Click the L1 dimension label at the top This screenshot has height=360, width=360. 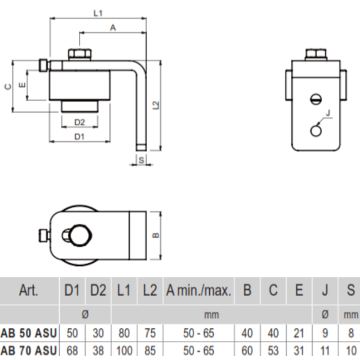pyautogui.click(x=98, y=13)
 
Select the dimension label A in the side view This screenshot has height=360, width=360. pyautogui.click(x=113, y=28)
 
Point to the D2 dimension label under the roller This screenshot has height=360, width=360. pyautogui.click(x=80, y=122)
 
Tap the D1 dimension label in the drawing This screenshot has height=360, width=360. pyautogui.click(x=80, y=137)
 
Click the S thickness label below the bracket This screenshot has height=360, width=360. pyautogui.click(x=141, y=160)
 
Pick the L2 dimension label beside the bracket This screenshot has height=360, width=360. pyautogui.click(x=156, y=105)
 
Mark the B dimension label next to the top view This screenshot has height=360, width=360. pyautogui.click(x=156, y=235)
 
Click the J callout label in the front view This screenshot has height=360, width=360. pyautogui.click(x=328, y=113)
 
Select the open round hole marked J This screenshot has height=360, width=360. pyautogui.click(x=316, y=131)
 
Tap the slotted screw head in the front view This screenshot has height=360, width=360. pyautogui.click(x=316, y=99)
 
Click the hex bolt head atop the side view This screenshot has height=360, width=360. pyautogui.click(x=80, y=54)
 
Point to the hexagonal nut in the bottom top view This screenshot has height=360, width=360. pyautogui.click(x=81, y=235)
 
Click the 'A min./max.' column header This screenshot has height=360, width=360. pyautogui.click(x=198, y=290)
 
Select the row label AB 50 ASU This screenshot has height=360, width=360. pyautogui.click(x=29, y=333)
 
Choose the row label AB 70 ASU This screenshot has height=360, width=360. pyautogui.click(x=29, y=351)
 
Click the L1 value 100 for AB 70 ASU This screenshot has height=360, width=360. pyautogui.click(x=124, y=351)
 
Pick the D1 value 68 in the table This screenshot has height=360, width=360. pyautogui.click(x=72, y=351)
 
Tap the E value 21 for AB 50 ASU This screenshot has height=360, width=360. pyautogui.click(x=299, y=333)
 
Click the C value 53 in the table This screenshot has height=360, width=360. pyautogui.click(x=273, y=351)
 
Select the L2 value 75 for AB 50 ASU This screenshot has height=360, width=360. pyautogui.click(x=150, y=333)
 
